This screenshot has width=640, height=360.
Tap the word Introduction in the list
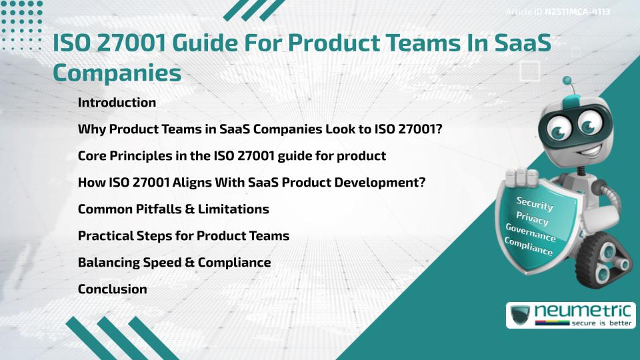(117, 103)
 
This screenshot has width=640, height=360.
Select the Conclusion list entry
(112, 289)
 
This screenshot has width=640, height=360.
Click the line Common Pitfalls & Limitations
(173, 209)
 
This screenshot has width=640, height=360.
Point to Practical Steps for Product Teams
(183, 236)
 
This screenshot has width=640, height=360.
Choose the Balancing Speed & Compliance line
(174, 263)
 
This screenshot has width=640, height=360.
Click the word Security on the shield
(535, 204)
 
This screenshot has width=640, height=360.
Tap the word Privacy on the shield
(532, 219)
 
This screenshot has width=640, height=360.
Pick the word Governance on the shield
(530, 233)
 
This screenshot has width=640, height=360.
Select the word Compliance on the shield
(528, 247)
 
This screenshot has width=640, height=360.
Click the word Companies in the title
(117, 72)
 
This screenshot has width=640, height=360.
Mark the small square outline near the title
(529, 69)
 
